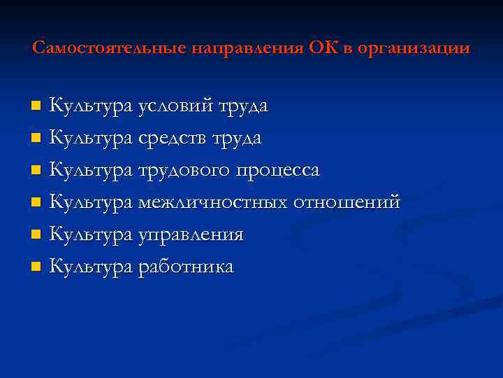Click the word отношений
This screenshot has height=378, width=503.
click(347, 202)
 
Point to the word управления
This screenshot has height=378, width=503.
click(191, 234)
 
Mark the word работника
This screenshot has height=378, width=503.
click(187, 267)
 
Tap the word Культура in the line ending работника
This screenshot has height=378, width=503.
click(92, 267)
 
